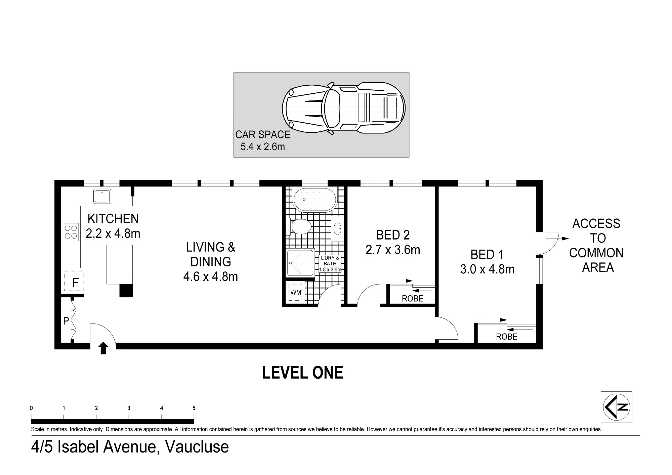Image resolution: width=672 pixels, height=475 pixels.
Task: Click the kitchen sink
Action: (102, 196)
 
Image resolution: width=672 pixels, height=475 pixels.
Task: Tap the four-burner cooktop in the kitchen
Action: (71, 232)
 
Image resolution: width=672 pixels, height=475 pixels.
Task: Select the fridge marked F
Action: (74, 282)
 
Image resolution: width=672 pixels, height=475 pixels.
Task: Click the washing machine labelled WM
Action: (296, 292)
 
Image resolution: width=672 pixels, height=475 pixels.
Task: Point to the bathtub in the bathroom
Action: (314, 200)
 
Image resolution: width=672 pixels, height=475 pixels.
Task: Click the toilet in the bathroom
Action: (299, 226)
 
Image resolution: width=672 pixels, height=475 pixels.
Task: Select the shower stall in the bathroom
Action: (300, 263)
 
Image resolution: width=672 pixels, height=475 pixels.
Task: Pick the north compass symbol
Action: (616, 407)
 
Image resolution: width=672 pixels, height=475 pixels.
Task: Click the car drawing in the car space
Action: (344, 108)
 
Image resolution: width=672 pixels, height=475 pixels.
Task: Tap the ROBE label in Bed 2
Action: (413, 299)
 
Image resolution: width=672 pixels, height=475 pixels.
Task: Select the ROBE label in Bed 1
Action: (507, 337)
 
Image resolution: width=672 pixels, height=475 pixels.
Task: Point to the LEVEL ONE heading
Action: (303, 373)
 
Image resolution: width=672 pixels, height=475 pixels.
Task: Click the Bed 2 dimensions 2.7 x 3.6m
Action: (393, 250)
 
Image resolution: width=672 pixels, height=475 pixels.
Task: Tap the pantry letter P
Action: (66, 321)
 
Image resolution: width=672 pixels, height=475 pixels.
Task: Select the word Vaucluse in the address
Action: (197, 447)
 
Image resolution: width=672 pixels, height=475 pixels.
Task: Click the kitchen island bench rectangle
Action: (119, 265)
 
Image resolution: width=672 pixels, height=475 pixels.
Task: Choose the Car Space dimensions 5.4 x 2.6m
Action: (263, 147)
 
